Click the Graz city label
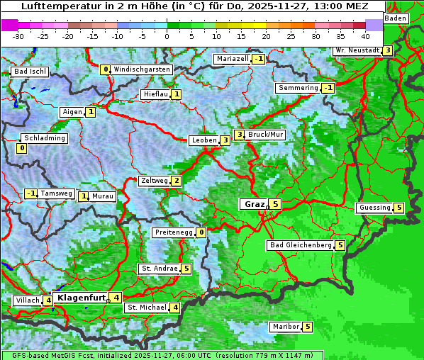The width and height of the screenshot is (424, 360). pyautogui.click(x=253, y=204)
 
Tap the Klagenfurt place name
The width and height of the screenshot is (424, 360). pyautogui.click(x=80, y=298)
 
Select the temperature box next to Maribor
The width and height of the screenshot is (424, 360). pyautogui.click(x=307, y=327)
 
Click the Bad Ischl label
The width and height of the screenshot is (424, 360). pyautogui.click(x=30, y=72)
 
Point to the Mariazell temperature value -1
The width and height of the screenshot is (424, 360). pyautogui.click(x=258, y=59)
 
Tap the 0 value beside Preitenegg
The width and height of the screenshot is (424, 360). pyautogui.click(x=202, y=232)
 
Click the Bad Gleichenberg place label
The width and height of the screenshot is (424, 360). pyautogui.click(x=301, y=245)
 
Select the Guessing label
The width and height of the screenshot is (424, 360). pyautogui.click(x=374, y=208)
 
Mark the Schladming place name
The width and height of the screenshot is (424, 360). pyautogui.click(x=45, y=138)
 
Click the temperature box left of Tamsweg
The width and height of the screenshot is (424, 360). pyautogui.click(x=30, y=193)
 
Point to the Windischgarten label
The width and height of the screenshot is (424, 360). pyautogui.click(x=142, y=69)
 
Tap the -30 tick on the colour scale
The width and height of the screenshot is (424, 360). pyautogui.click(x=18, y=36)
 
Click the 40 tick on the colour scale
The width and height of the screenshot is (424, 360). pyautogui.click(x=365, y=36)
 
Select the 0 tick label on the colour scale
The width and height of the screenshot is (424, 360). pyautogui.click(x=167, y=36)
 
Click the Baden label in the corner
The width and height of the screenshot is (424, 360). pyautogui.click(x=396, y=18)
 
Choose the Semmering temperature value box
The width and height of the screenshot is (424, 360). pyautogui.click(x=328, y=88)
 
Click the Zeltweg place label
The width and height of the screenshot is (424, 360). pyautogui.click(x=155, y=181)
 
